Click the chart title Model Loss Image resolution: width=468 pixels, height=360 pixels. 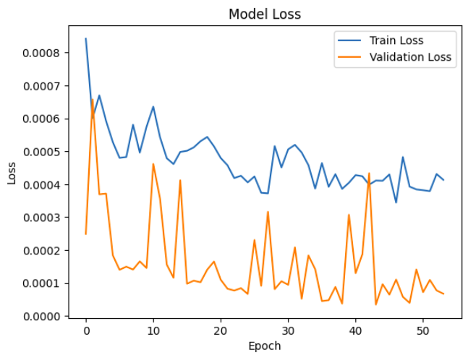pyautogui.click(x=264, y=14)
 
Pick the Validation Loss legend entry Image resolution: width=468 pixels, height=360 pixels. pyautogui.click(x=411, y=57)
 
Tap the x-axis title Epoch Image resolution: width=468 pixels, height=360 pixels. pyautogui.click(x=264, y=346)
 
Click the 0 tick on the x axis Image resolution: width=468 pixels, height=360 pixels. pyautogui.click(x=86, y=330)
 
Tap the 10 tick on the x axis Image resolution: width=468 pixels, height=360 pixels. pyautogui.click(x=153, y=330)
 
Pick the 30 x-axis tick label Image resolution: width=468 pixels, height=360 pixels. pyautogui.click(x=288, y=330)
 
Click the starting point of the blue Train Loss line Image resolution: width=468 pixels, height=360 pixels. pyautogui.click(x=86, y=39)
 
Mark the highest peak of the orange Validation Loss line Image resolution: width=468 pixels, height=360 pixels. pyautogui.click(x=93, y=101)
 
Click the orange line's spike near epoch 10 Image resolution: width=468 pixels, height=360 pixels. pyautogui.click(x=153, y=164)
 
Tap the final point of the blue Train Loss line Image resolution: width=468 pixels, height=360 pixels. pyautogui.click(x=443, y=180)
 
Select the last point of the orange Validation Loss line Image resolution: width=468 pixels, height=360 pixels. pyautogui.click(x=443, y=293)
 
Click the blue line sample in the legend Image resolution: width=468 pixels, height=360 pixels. pyautogui.click(x=349, y=40)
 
